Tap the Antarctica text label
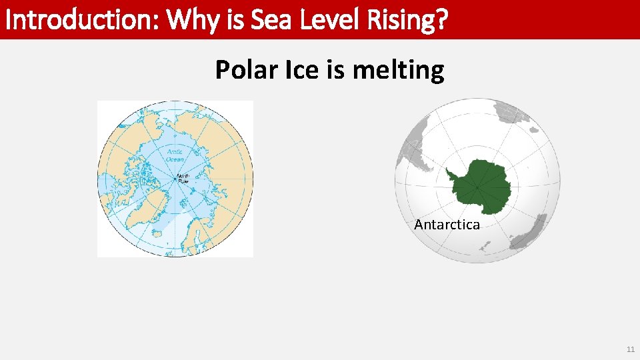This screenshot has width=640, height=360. click(447, 225)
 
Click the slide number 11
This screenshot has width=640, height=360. click(630, 350)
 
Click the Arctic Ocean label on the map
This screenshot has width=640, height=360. click(175, 155)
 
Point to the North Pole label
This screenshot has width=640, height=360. click(182, 178)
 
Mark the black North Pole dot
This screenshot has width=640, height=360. click(175, 179)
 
